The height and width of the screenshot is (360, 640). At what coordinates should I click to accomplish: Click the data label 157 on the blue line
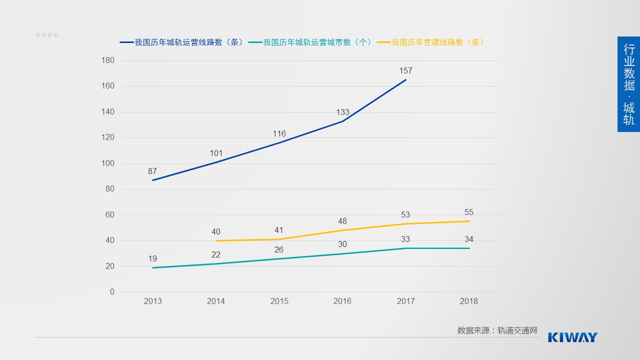pyautogui.click(x=405, y=70)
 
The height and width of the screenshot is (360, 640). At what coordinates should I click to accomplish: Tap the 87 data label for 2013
pyautogui.click(x=152, y=171)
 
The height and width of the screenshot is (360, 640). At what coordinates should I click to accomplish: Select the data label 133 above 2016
pyautogui.click(x=342, y=112)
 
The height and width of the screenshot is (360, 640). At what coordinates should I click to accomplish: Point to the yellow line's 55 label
pyautogui.click(x=468, y=212)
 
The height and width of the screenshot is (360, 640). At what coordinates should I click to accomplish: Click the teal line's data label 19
pyautogui.click(x=152, y=258)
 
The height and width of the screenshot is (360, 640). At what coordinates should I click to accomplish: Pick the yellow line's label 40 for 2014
pyautogui.click(x=215, y=231)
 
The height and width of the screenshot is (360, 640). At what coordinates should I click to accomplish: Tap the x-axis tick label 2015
pyautogui.click(x=279, y=301)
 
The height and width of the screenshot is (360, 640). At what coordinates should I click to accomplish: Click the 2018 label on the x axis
pyautogui.click(x=468, y=301)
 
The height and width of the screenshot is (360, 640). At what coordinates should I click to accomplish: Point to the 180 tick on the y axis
pyautogui.click(x=108, y=60)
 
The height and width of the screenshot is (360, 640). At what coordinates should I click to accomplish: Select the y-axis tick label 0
pyautogui.click(x=112, y=292)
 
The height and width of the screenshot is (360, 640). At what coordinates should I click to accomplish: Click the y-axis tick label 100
pyautogui.click(x=108, y=163)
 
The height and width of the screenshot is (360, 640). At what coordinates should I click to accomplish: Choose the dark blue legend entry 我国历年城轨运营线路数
pyautogui.click(x=182, y=42)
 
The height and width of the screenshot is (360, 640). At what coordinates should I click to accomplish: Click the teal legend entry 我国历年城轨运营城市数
pyautogui.click(x=311, y=42)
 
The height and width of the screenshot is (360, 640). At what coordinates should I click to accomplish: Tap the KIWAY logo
pyautogui.click(x=572, y=337)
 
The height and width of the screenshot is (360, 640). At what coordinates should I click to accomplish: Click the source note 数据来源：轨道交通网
pyautogui.click(x=497, y=330)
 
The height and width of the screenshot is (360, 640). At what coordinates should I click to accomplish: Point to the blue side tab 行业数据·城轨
pyautogui.click(x=628, y=84)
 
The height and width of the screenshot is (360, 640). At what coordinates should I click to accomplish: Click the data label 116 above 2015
pyautogui.click(x=279, y=133)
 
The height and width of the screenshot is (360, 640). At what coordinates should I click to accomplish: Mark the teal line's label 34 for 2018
pyautogui.click(x=468, y=239)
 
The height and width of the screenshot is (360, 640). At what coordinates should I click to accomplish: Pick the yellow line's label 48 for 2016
pyautogui.click(x=342, y=221)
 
